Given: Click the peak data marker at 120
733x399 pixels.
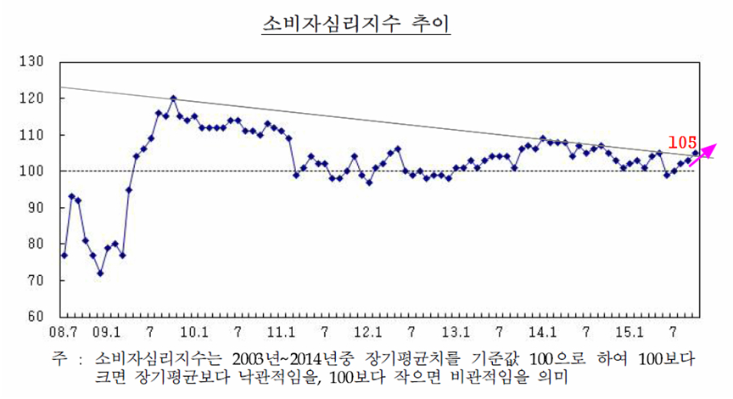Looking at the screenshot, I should [x=173, y=98].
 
